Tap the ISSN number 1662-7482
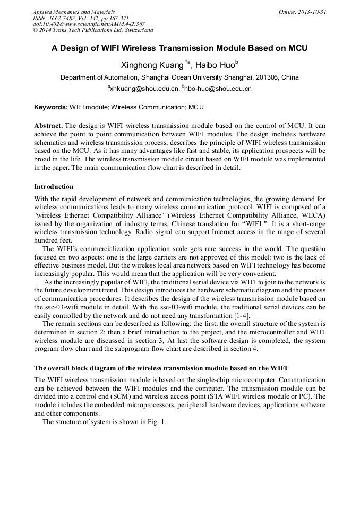[x=65, y=18]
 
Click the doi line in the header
[x=89, y=24]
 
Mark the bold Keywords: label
[x=51, y=107]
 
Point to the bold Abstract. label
[x=48, y=126]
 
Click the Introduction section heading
[x=54, y=187]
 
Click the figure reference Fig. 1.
[x=157, y=422]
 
